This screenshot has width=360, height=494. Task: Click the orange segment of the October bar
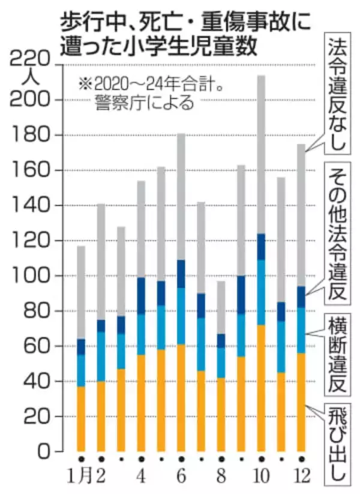click(261, 388)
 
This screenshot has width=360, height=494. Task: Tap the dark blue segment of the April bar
click(141, 295)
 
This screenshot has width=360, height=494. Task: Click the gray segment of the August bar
click(221, 307)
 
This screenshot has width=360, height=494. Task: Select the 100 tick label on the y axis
click(30, 276)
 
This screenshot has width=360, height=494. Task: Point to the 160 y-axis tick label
click(30, 170)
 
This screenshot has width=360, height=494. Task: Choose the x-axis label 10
click(261, 478)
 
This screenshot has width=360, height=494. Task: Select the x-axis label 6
click(181, 478)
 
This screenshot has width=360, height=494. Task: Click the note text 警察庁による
click(144, 102)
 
